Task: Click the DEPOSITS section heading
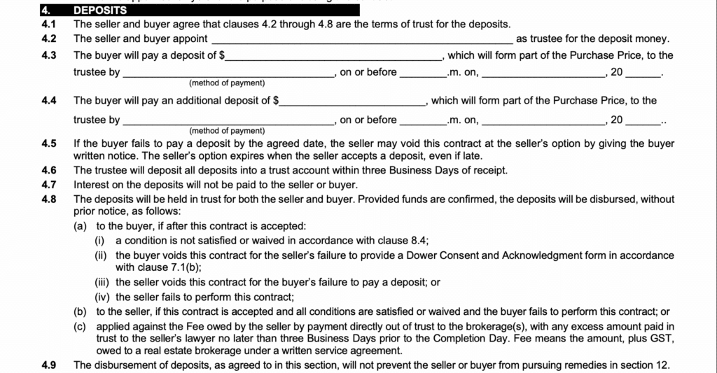click(101, 10)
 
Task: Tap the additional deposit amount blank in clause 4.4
click(351, 101)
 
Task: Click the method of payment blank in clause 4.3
click(228, 73)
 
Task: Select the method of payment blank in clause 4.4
click(228, 121)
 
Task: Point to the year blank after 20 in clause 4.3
click(642, 73)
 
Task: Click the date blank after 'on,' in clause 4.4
click(544, 121)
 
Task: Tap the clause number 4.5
click(49, 144)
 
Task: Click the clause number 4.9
click(49, 364)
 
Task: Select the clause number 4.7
click(49, 185)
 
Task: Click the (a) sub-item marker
click(81, 226)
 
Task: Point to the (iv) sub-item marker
click(103, 296)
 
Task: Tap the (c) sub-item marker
click(81, 325)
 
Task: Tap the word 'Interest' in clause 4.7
click(92, 185)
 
